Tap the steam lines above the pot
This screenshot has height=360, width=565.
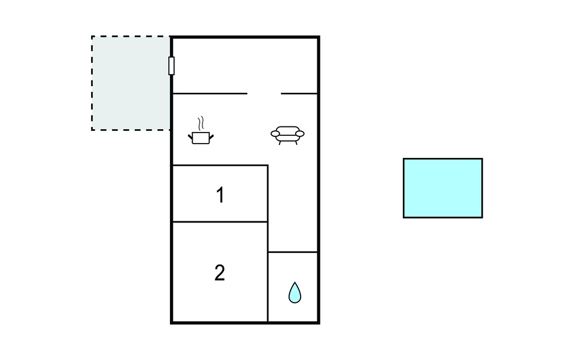point(201,123)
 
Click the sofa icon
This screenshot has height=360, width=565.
point(287,135)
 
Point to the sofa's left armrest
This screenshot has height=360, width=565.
point(275,134)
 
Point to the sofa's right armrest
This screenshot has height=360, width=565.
point(300,134)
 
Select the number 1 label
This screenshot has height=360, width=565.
point(220,195)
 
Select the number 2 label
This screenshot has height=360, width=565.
point(220,273)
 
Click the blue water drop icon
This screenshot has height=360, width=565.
point(295,293)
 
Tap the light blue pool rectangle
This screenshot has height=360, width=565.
point(443,188)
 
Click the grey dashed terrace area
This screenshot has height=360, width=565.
point(131,83)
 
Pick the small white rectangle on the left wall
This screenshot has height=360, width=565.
point(172,66)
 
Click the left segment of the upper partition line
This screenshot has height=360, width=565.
point(210,94)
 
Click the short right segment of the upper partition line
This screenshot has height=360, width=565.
point(299,94)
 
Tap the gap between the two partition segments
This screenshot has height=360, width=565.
point(264,94)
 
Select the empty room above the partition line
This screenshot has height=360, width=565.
point(245,65)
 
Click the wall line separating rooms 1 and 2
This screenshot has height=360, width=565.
point(220,222)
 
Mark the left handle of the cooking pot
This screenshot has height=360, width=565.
point(190,137)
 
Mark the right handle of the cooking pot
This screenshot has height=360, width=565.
point(211,137)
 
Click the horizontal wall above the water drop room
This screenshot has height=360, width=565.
point(293,252)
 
